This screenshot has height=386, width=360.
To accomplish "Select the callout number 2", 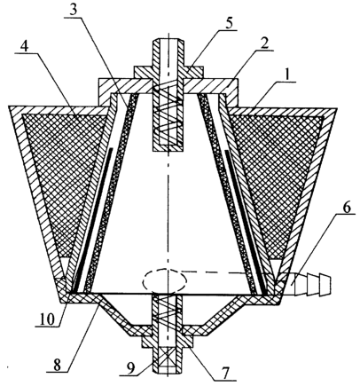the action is coord(264,44).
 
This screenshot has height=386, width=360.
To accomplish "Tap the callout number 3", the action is coord(74,10).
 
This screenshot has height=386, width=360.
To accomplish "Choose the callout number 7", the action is coord(225,374).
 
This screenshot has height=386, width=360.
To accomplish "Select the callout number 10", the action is coord(47,319).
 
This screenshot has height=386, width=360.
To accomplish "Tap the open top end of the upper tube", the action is coord(168,39).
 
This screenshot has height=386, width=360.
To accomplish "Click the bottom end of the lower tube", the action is coord(168,372).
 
